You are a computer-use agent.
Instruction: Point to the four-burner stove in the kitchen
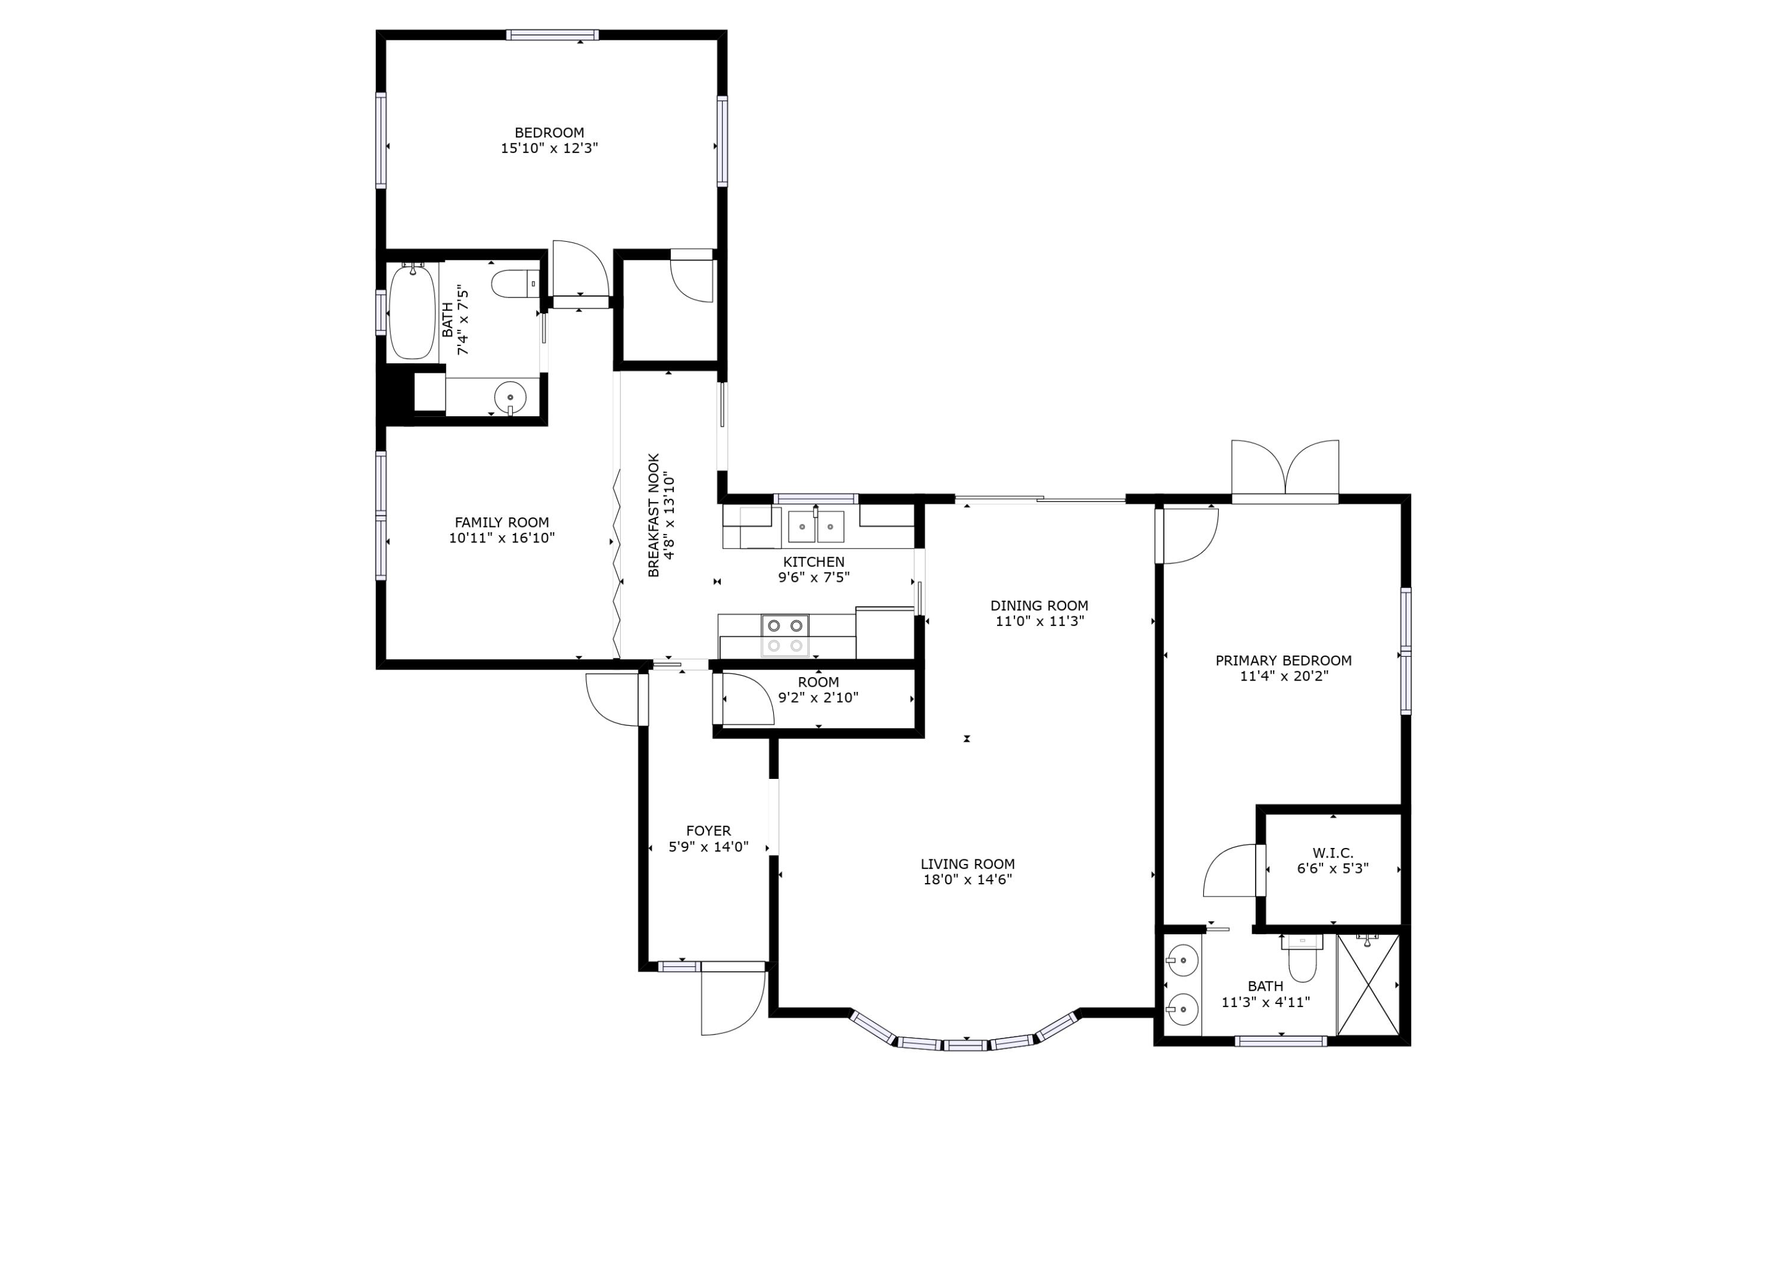(785, 635)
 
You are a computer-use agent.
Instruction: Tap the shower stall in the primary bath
(1368, 985)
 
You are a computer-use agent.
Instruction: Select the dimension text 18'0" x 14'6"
(967, 880)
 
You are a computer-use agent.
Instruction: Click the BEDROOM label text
(549, 133)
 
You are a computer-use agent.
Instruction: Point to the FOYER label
(708, 831)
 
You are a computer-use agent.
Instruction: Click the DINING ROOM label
(1039, 606)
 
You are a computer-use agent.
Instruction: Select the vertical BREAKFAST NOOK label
(654, 515)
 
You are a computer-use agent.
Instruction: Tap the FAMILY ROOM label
(502, 523)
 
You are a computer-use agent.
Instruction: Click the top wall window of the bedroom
(553, 35)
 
